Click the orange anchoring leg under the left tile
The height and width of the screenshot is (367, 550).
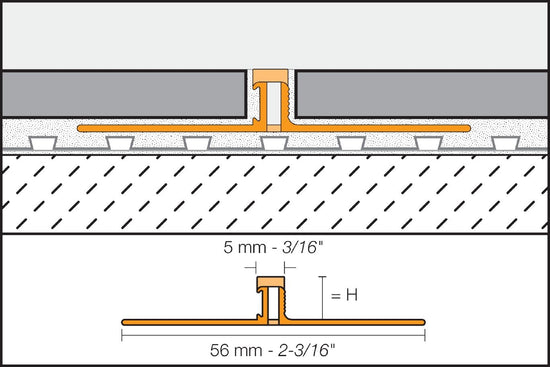[x=170, y=128]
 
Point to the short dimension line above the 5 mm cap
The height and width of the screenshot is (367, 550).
[x=270, y=267]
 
